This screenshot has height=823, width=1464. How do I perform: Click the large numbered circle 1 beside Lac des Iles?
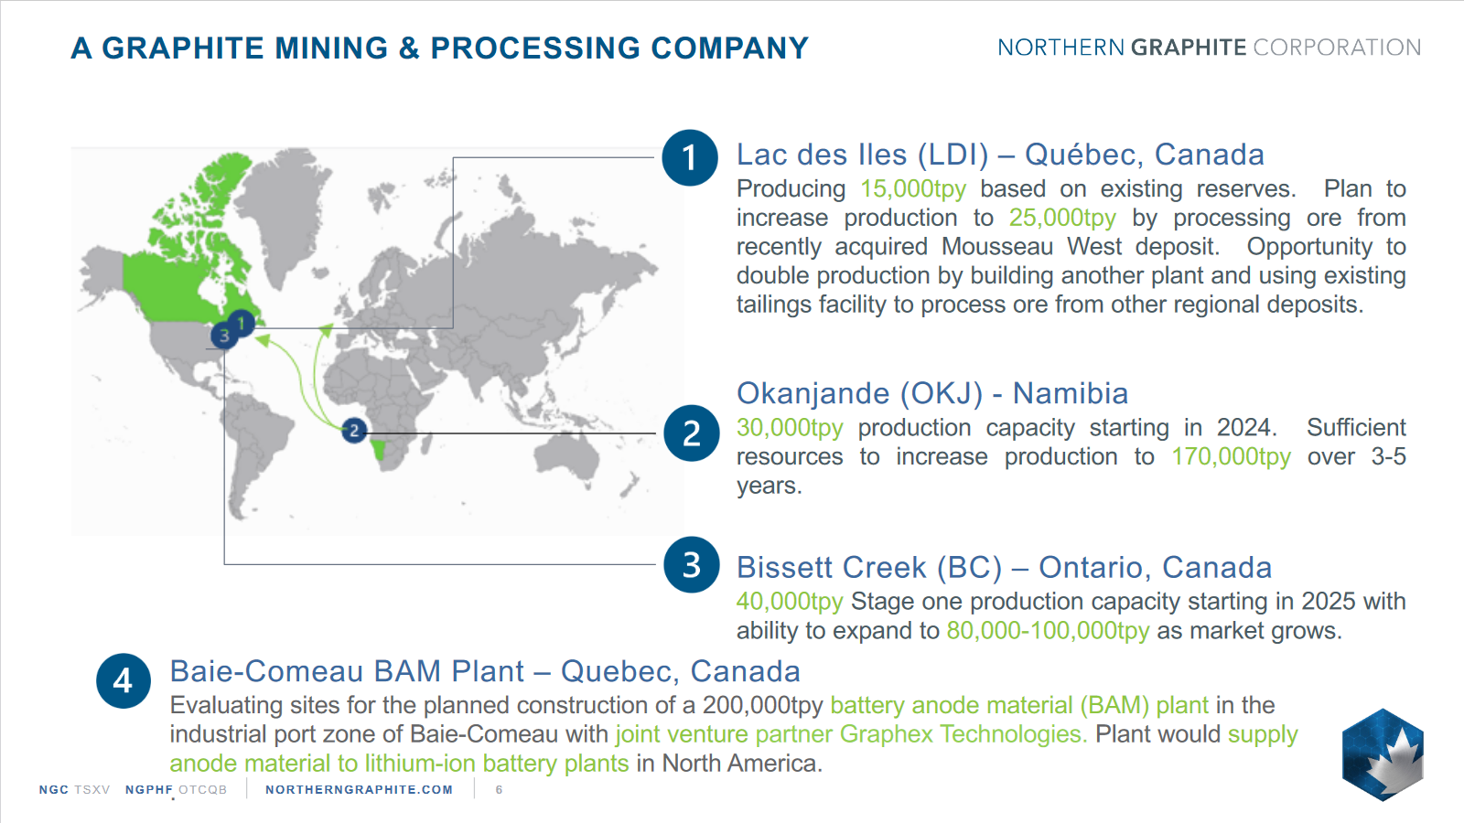(690, 157)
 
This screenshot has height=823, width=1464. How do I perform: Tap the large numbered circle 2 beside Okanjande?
(692, 433)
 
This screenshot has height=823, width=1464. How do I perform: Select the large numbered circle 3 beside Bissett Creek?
(692, 565)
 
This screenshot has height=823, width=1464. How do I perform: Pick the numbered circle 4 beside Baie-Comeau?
(124, 681)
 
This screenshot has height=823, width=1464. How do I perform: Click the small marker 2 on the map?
(354, 431)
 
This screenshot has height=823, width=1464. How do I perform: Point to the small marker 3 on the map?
(224, 336)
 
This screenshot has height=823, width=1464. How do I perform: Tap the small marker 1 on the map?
(242, 323)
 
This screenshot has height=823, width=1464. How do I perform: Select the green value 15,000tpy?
(913, 189)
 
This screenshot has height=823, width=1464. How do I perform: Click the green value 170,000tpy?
(1232, 457)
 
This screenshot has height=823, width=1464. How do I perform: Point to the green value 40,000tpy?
(790, 602)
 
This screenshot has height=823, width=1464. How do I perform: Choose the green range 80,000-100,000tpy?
(1048, 631)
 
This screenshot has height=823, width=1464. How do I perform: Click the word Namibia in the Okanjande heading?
(1071, 394)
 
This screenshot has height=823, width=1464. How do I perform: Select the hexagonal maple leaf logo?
(1383, 755)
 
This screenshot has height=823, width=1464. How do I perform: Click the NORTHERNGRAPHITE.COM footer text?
(359, 790)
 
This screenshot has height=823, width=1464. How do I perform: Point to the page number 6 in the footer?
(499, 790)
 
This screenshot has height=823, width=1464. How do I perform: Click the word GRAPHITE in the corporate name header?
(1189, 48)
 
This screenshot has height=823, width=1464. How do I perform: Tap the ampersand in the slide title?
(409, 48)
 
